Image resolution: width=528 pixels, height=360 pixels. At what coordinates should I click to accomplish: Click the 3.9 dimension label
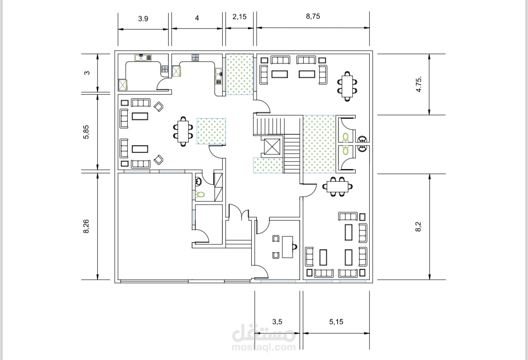(x=143, y=19)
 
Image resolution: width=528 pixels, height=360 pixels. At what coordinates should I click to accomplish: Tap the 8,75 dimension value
(x=313, y=16)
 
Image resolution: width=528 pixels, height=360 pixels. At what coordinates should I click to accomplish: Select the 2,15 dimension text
(x=239, y=17)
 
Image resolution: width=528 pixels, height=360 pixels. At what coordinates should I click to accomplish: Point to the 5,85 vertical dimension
(x=86, y=132)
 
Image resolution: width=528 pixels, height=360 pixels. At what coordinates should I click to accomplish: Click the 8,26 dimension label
(x=86, y=226)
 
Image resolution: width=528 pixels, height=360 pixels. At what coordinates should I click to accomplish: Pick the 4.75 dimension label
(x=419, y=84)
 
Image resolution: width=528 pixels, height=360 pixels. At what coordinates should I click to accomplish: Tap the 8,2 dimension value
(x=418, y=227)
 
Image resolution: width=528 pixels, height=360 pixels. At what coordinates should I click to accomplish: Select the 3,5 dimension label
(x=277, y=322)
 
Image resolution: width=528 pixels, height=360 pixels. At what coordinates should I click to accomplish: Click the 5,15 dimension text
(x=336, y=322)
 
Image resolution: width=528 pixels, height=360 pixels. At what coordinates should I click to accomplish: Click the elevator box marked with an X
(x=272, y=147)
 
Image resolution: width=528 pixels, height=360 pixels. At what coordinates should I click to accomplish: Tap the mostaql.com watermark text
(x=264, y=347)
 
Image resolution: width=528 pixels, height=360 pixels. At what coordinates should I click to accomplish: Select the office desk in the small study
(x=287, y=247)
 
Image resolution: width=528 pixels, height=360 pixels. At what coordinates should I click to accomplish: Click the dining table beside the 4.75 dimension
(x=347, y=86)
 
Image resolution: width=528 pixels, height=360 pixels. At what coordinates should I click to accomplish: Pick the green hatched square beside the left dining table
(x=211, y=131)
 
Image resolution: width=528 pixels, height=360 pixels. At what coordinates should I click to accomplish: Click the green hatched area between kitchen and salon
(x=239, y=74)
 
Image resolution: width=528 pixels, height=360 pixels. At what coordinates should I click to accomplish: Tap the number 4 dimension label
(x=197, y=18)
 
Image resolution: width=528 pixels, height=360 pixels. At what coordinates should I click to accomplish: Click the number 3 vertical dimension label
(x=87, y=73)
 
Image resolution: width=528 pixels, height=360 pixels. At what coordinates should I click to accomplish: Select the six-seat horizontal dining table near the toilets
(x=337, y=187)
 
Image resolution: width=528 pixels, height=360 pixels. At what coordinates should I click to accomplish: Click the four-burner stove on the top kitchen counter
(x=195, y=57)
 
